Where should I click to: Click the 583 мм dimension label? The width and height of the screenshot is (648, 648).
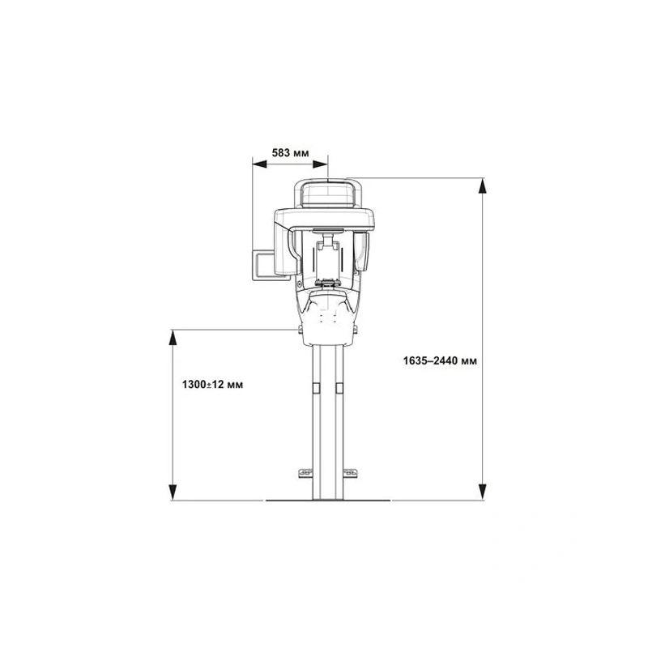tap(290, 153)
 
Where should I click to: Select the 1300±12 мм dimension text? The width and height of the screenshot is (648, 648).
tap(212, 385)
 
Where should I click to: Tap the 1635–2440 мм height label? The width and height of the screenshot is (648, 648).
tap(440, 360)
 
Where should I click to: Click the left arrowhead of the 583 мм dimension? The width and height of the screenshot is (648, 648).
tap(259, 164)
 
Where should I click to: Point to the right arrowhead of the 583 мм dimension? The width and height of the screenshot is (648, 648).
tap(320, 164)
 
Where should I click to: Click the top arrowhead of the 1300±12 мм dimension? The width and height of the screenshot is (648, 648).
tap(173, 338)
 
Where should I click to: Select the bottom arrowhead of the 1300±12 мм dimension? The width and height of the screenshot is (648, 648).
tap(173, 492)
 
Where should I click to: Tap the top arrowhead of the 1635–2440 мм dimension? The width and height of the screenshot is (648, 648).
tap(482, 186)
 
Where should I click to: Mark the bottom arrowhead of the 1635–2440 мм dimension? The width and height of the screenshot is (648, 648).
tap(482, 492)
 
